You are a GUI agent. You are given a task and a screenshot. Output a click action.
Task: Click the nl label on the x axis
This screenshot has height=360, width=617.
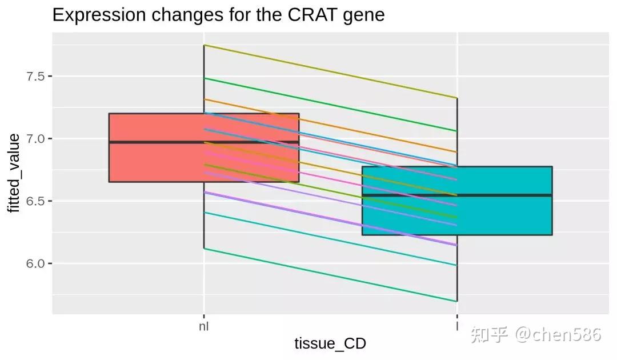click(204, 327)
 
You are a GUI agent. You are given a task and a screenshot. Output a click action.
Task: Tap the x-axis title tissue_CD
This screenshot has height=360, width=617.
click(330, 343)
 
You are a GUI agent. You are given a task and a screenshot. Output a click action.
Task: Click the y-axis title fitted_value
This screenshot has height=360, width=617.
click(14, 173)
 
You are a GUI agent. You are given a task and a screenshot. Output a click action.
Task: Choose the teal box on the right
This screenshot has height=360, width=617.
click(514, 217)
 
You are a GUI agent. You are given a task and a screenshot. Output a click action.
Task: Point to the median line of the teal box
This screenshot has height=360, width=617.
click(514, 195)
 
